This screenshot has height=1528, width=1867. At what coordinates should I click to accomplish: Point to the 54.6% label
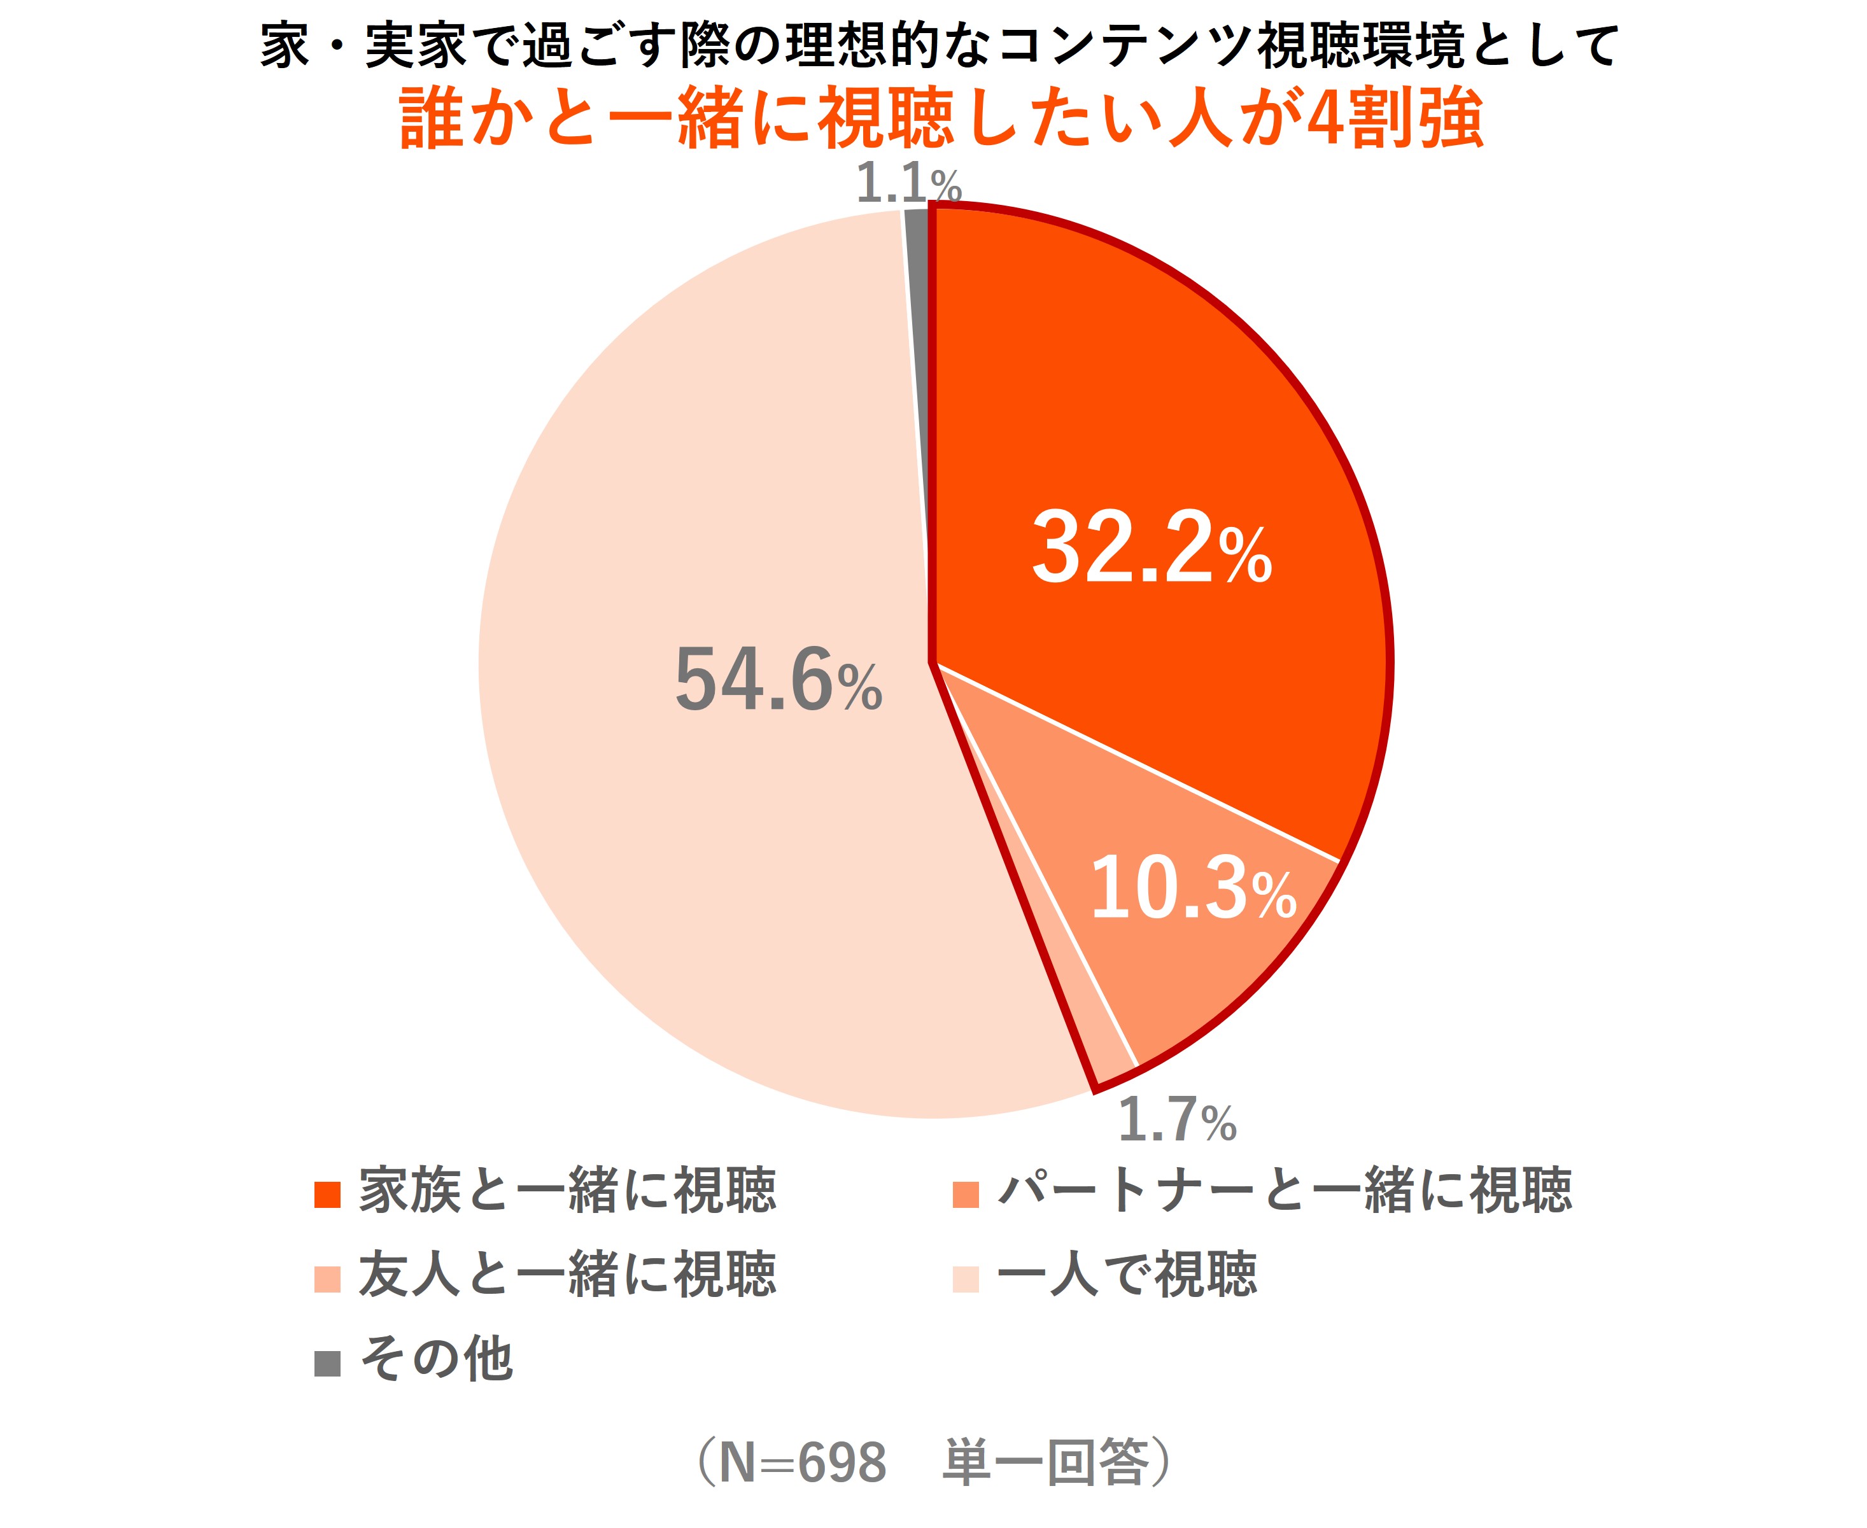[778, 680]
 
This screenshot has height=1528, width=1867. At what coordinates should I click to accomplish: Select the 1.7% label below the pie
[1177, 1121]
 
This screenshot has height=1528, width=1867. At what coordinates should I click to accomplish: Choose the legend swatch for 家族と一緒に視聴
[327, 1195]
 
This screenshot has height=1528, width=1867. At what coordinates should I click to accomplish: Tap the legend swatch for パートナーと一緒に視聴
[966, 1195]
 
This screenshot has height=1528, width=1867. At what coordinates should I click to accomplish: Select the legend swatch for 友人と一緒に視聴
[327, 1279]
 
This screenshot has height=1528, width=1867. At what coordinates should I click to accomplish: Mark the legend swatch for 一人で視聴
[966, 1279]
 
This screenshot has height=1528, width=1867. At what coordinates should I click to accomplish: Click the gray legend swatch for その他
[327, 1363]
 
